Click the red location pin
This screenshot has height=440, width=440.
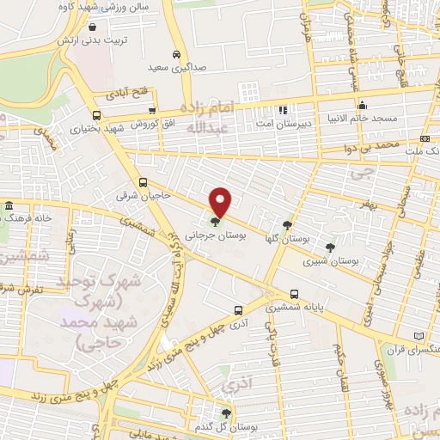tap(221, 201)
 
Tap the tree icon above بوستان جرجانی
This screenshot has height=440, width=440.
tap(214, 221)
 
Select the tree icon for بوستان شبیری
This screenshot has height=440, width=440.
tap(330, 247)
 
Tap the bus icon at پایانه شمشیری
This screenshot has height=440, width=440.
tap(295, 293)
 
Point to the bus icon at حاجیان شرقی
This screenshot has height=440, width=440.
tap(144, 182)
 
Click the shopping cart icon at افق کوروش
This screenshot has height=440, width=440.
tap(152, 110)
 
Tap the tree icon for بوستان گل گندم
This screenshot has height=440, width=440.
tap(228, 413)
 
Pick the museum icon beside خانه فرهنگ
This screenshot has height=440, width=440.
tap(9, 206)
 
